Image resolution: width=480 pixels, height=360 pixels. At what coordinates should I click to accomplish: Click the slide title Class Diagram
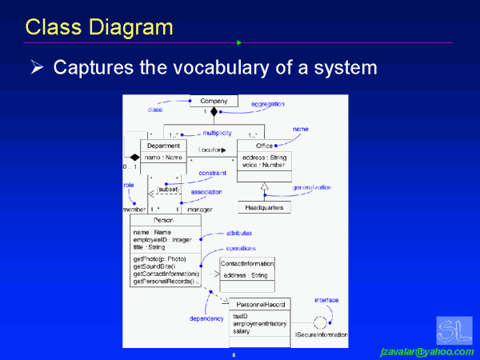pyautogui.click(x=99, y=27)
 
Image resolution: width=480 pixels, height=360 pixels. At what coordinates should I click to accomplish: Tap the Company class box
pyautogui.click(x=214, y=101)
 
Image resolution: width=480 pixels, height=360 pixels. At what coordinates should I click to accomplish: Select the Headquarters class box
pyautogui.click(x=263, y=207)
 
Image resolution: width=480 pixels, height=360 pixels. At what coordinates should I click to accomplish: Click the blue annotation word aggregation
pyautogui.click(x=268, y=105)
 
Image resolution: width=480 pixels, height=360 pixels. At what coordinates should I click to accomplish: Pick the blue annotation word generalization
pyautogui.click(x=312, y=187)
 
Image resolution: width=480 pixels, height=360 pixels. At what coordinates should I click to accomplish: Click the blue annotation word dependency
pyautogui.click(x=206, y=318)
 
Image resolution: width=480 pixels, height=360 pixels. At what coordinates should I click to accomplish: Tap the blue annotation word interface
pyautogui.click(x=326, y=300)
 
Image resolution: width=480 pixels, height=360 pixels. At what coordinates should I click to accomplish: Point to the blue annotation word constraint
pyautogui.click(x=212, y=173)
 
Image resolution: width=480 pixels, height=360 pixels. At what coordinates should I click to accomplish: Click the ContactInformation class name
pyautogui.click(x=247, y=263)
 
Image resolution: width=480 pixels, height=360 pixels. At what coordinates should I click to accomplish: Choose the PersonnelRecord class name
pyautogui.click(x=259, y=304)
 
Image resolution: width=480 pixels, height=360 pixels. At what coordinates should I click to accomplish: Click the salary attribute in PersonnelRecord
pyautogui.click(x=242, y=331)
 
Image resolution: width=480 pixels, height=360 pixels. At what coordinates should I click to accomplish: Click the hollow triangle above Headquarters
pyautogui.click(x=263, y=188)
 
